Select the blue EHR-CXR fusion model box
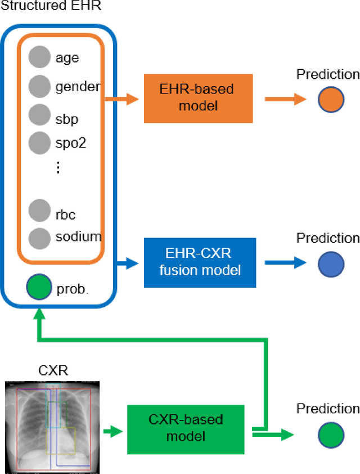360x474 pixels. pos(200,262)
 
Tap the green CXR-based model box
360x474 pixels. pos(185,428)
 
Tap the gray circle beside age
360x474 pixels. pos(39,57)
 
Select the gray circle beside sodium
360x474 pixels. pos(39,237)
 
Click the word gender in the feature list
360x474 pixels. pos(78,87)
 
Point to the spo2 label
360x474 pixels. pos(71,143)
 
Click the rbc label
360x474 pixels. pos(65,214)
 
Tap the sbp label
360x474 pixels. pos(67,119)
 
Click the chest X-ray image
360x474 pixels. pos(52,426)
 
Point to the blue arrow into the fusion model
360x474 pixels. pos(127,262)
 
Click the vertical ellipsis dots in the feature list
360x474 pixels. pos(58,167)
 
